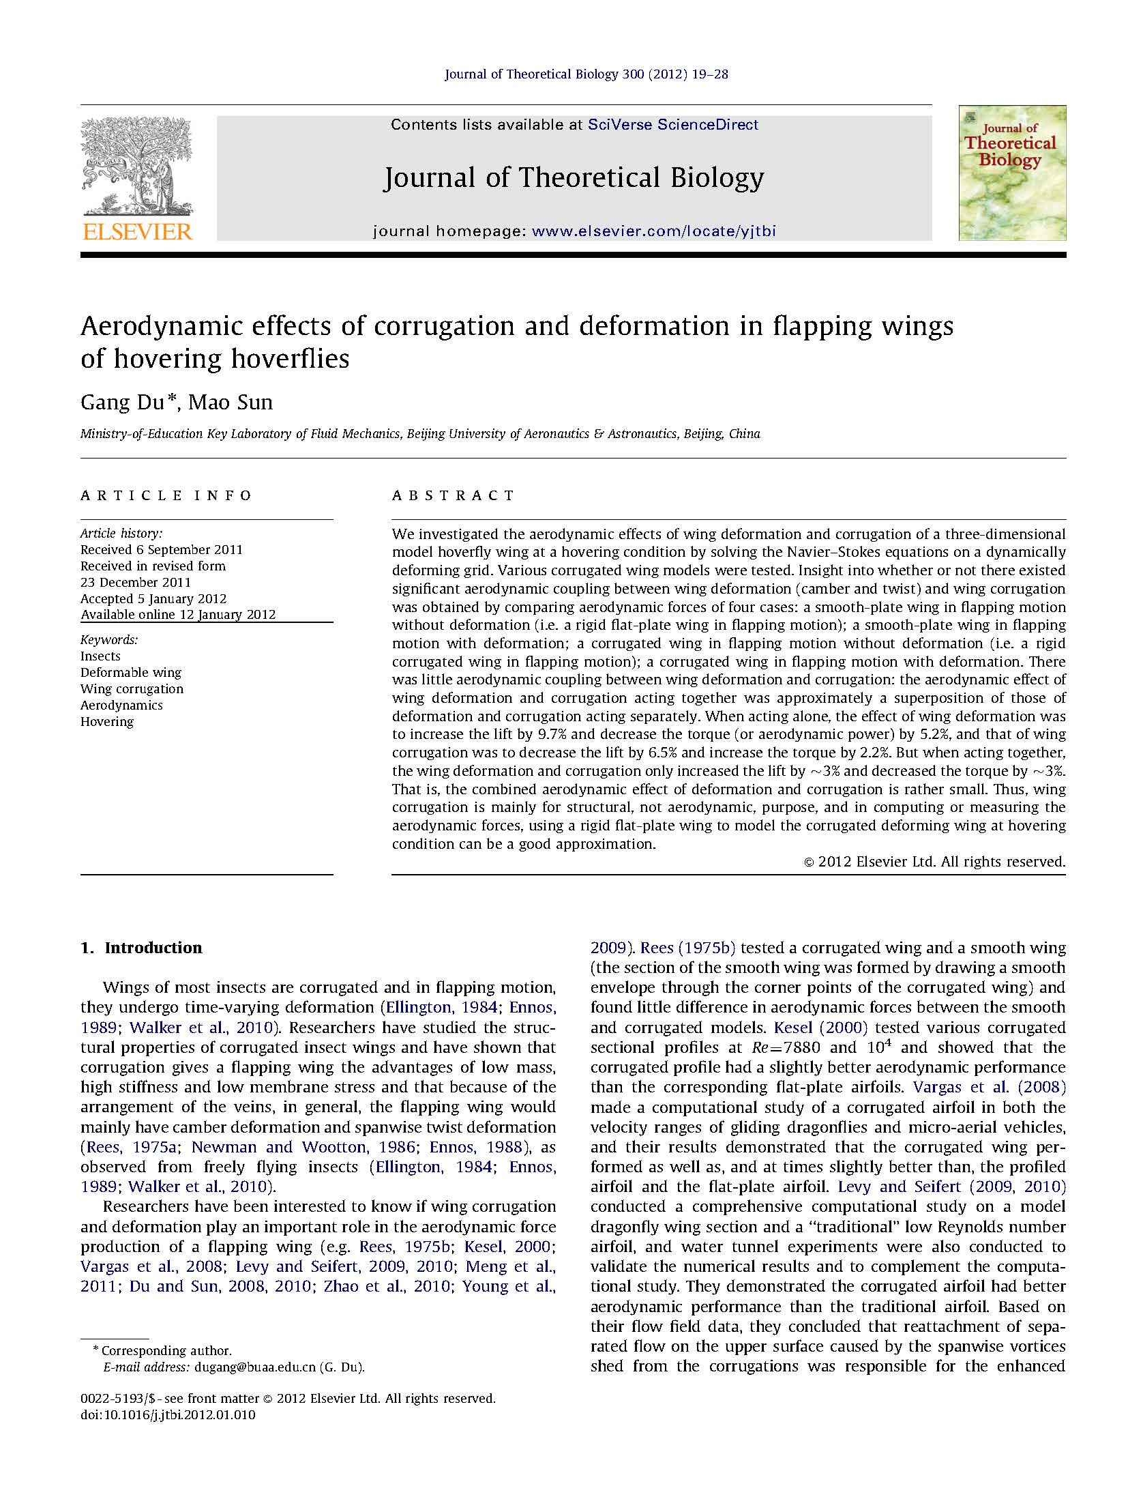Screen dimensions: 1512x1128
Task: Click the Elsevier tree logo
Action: tap(136, 164)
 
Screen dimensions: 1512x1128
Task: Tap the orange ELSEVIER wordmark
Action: tap(137, 231)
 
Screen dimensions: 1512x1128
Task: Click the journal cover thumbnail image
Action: tap(1011, 172)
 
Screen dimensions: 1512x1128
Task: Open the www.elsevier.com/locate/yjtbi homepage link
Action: tap(653, 231)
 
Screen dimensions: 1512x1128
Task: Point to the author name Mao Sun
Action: tap(230, 403)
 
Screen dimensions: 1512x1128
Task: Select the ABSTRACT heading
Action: tap(453, 495)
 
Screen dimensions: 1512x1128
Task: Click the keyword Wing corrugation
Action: tap(132, 688)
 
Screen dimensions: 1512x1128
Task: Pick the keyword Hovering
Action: tap(107, 721)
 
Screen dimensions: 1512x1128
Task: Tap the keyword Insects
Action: tap(100, 656)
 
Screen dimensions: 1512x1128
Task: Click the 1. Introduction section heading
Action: tap(141, 948)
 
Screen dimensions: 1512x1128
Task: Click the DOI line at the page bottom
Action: tap(168, 1415)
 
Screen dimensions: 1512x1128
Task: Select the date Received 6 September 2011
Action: tap(161, 549)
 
